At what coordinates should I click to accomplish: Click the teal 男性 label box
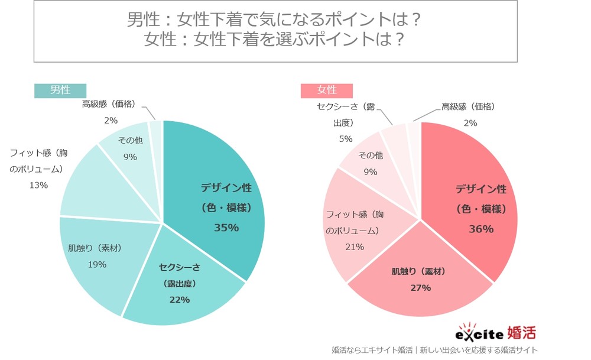pos(60,90)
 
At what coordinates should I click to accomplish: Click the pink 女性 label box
pos(327,90)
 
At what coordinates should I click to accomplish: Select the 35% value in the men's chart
pos(226,228)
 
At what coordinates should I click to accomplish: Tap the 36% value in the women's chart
pos(480,229)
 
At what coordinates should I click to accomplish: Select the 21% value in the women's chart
pos(354,247)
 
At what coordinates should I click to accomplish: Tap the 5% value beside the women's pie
pos(345,139)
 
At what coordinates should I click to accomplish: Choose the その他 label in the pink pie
pos(371,155)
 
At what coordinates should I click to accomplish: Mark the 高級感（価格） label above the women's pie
pos(468,107)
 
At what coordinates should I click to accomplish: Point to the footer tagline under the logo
pos(434,349)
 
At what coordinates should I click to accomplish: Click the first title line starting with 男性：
pos(275,20)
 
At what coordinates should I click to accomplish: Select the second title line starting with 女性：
pos(275,39)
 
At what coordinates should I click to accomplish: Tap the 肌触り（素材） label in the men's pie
pos(95,248)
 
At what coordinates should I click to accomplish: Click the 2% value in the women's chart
pos(470,123)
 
